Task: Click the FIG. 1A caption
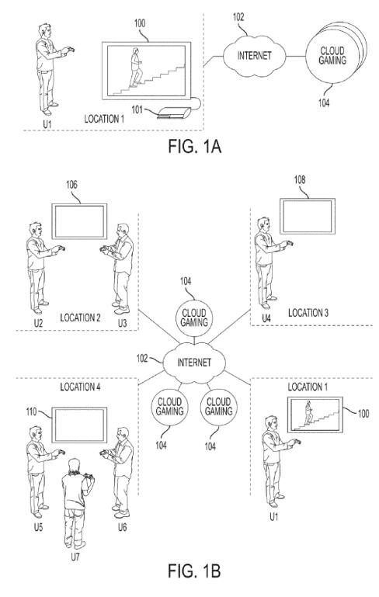(x=194, y=147)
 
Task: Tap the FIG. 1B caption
(x=194, y=571)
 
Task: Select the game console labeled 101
(x=174, y=113)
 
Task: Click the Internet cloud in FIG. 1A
(x=254, y=56)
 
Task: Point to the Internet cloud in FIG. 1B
(x=194, y=363)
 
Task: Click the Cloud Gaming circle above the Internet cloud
(x=194, y=318)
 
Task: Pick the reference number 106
(x=71, y=185)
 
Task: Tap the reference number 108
(x=300, y=179)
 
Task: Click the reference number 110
(x=31, y=411)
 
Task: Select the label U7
(x=75, y=557)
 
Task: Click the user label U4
(x=266, y=318)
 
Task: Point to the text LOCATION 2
(x=80, y=318)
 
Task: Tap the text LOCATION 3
(x=308, y=313)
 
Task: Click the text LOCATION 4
(x=80, y=387)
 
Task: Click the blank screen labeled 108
(x=308, y=216)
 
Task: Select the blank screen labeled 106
(x=79, y=221)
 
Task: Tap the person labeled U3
(x=119, y=269)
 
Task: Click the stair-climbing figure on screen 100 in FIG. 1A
(x=136, y=68)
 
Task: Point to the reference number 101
(x=137, y=110)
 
